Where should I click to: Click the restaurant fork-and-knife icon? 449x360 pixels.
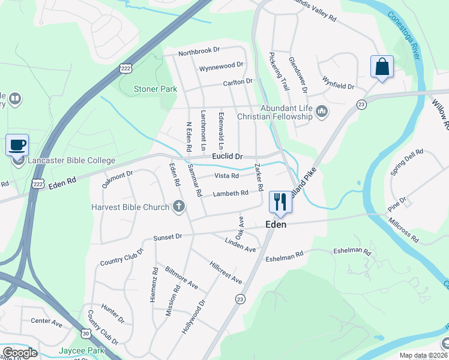coord(280,202)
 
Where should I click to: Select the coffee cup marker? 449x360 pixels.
coord(17,145)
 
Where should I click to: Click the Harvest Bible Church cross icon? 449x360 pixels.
coord(178,207)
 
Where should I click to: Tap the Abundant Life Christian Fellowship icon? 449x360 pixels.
coord(322,110)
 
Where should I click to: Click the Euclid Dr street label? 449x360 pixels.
coord(226,156)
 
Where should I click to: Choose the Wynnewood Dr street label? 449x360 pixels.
coord(221,65)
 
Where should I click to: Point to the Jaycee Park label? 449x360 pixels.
coord(81,350)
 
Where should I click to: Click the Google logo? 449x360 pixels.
coord(19,353)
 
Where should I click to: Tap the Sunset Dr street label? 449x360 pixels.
coord(167,237)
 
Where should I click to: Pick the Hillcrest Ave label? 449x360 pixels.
coord(225,273)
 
